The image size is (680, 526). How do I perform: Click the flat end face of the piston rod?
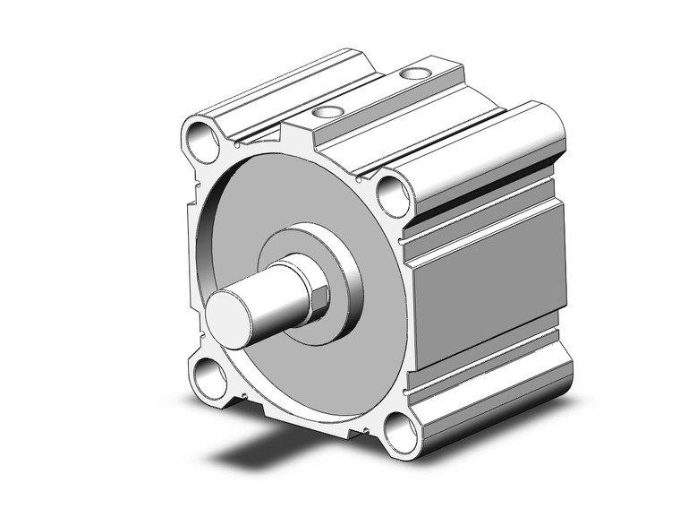coord(231,321)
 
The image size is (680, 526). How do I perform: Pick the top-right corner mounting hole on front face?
coord(391,193)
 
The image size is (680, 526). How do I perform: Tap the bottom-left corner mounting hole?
coord(207,379)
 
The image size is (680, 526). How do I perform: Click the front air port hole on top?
coord(328,113)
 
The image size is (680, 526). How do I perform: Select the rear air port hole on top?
coord(413,73)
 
